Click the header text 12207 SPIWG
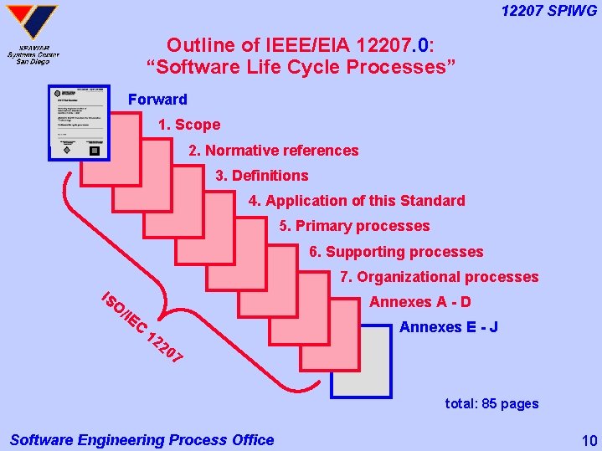coord(548,10)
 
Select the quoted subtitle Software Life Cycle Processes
coord(301,67)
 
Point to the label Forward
coord(157,100)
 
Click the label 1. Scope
coord(189,125)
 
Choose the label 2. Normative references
coord(273,151)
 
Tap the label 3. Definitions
coord(261,176)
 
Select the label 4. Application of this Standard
coord(357,201)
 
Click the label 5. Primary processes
coord(354,226)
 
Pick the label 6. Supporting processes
coord(396,252)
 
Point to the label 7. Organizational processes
coord(440,277)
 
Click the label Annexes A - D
coord(420,302)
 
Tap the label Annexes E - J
coord(449,327)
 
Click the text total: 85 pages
coord(491,403)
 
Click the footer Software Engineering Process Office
coord(141,439)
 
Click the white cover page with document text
coord(79,121)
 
